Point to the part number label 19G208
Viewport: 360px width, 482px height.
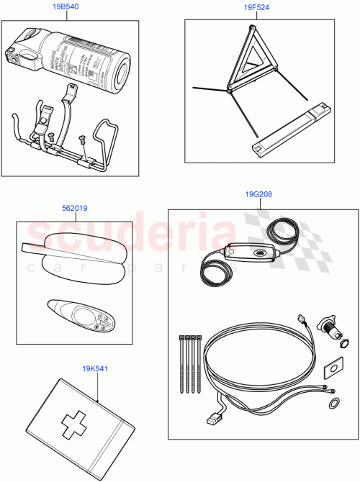[258, 194]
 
